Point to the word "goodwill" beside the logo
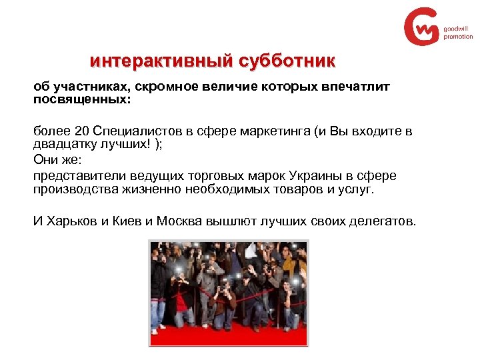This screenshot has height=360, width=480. point(455,29)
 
